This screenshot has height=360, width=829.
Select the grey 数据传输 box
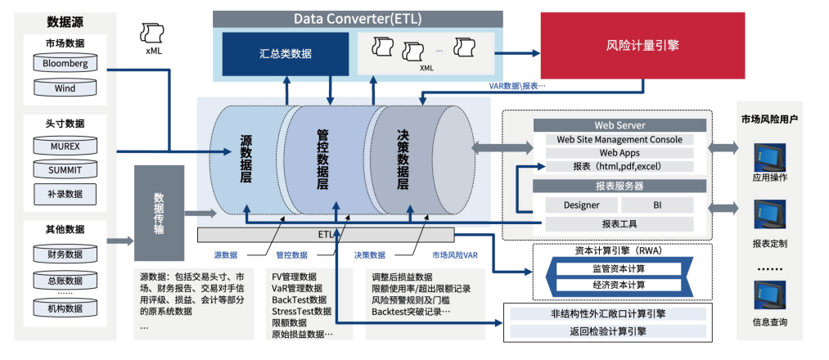tap(159, 213)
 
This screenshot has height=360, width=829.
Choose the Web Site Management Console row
tap(619, 140)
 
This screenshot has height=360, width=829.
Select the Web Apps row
tap(619, 153)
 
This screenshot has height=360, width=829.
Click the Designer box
tap(582, 205)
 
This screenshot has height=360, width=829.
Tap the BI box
tap(656, 205)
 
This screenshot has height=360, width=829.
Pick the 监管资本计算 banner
tap(619, 268)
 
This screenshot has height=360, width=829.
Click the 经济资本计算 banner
tap(619, 285)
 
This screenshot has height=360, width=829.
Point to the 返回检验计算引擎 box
tap(609, 331)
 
